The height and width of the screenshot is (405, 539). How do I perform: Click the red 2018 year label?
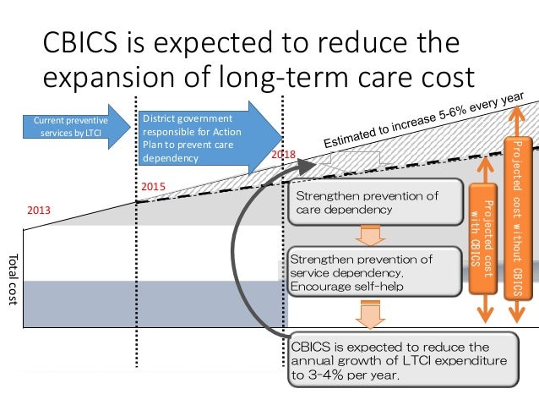[282, 156]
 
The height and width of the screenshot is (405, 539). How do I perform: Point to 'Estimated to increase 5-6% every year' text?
[427, 120]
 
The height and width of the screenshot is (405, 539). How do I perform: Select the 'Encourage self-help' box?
[362, 272]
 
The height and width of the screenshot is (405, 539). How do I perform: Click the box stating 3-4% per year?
[400, 358]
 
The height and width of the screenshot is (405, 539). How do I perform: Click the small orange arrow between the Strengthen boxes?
[365, 235]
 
